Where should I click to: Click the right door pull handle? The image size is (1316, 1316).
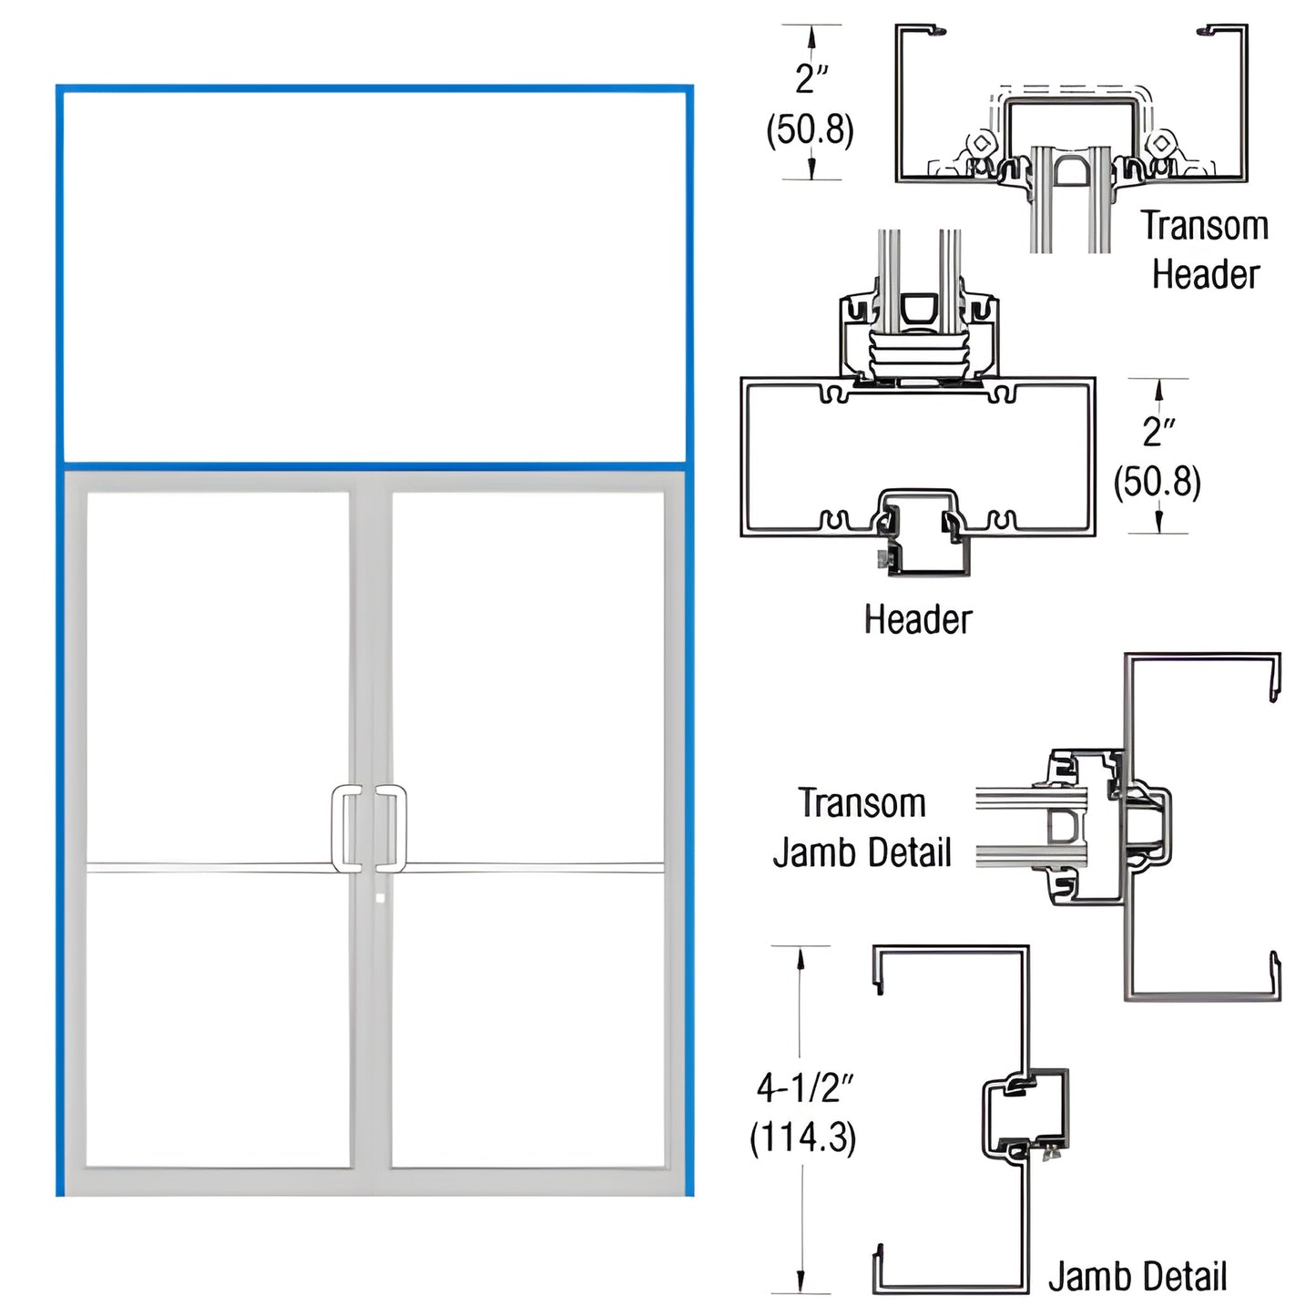[393, 827]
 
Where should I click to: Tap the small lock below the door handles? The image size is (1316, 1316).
[381, 898]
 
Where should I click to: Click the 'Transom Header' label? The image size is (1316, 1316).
[1205, 250]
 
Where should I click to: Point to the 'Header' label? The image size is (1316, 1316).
[918, 619]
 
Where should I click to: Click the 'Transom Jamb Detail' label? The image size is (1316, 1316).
[862, 828]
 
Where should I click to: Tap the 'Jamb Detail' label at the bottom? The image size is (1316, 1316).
[1137, 1276]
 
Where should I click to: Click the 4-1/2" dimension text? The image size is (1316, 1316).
[806, 1086]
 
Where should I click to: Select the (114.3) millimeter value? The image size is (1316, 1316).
[802, 1137]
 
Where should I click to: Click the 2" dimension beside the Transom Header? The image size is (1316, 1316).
[811, 78]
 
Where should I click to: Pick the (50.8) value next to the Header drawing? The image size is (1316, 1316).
[1158, 481]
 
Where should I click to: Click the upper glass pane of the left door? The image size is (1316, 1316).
[219, 674]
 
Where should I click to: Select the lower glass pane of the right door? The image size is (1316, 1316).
[528, 1020]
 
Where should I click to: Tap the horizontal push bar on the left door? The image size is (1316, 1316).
[209, 868]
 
